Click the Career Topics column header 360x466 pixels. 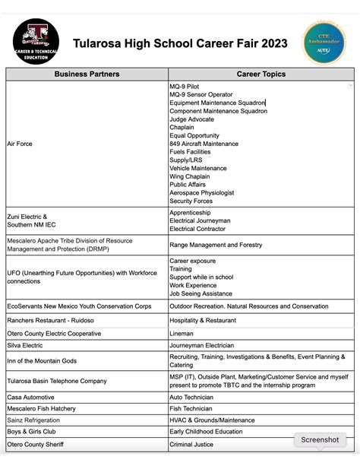coord(261,74)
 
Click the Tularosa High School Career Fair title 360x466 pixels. coord(180,43)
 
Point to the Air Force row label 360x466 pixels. coord(20,144)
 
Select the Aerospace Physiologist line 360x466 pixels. coord(204,193)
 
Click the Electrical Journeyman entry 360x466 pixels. coord(200,220)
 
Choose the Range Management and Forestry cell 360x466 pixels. coord(216,245)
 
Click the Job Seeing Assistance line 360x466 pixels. coord(201,293)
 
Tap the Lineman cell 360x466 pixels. coord(182,332)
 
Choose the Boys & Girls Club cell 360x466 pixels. coord(34,432)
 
